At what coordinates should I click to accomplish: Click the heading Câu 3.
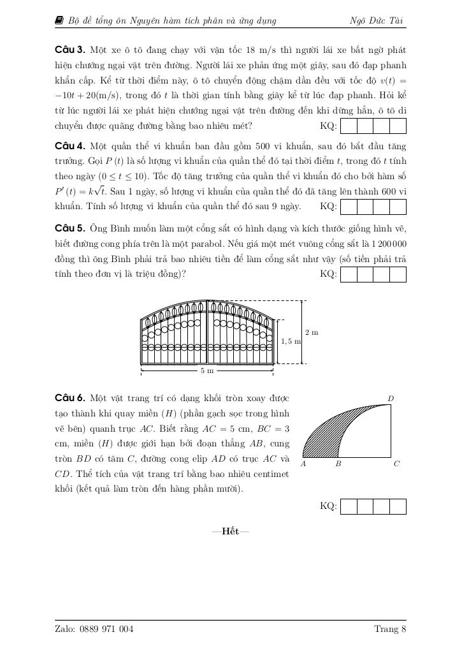click(70, 50)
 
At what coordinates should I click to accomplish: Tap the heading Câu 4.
click(70, 145)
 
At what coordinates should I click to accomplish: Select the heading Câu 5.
click(70, 229)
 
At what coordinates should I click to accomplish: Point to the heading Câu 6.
click(70, 399)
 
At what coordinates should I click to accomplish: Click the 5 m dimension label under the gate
click(207, 371)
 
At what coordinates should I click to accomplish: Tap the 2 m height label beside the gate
click(312, 332)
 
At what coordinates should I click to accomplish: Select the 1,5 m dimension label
click(291, 342)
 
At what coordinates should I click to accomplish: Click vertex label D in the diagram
click(391, 399)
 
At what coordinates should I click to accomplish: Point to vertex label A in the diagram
click(303, 464)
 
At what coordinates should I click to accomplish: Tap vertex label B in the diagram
click(338, 464)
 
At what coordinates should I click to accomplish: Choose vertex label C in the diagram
click(396, 464)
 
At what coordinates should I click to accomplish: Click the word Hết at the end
click(231, 532)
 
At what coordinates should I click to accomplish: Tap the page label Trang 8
click(390, 629)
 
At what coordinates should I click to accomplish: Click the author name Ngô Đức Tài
click(377, 21)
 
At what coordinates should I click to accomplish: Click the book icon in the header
click(59, 21)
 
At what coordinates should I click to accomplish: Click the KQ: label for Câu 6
click(328, 506)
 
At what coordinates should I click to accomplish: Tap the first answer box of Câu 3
click(349, 126)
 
